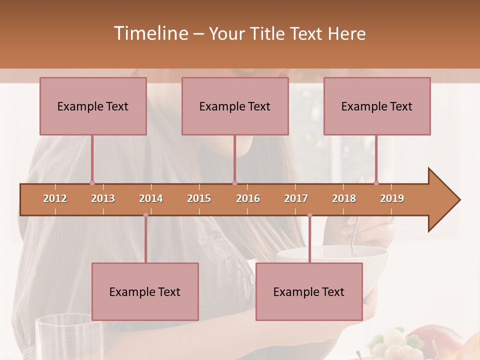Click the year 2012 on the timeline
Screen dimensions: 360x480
(x=55, y=198)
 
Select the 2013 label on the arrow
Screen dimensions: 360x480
(x=103, y=198)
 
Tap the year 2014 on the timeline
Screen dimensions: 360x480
(x=151, y=198)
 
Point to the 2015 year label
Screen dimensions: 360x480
(x=199, y=198)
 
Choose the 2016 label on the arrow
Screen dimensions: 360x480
(x=248, y=198)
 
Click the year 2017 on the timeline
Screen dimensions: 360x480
(x=296, y=198)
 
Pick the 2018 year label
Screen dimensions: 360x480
(x=344, y=198)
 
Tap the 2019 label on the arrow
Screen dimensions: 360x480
(x=392, y=198)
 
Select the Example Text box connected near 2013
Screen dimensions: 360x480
(x=93, y=106)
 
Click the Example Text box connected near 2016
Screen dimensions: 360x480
(x=235, y=106)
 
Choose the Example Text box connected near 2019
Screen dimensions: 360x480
(x=377, y=106)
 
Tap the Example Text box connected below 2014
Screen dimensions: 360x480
(x=145, y=291)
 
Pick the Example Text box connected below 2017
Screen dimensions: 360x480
(x=309, y=291)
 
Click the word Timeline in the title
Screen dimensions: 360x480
(x=150, y=33)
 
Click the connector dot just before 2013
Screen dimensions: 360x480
(x=92, y=183)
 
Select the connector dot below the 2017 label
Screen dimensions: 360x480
(x=309, y=215)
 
